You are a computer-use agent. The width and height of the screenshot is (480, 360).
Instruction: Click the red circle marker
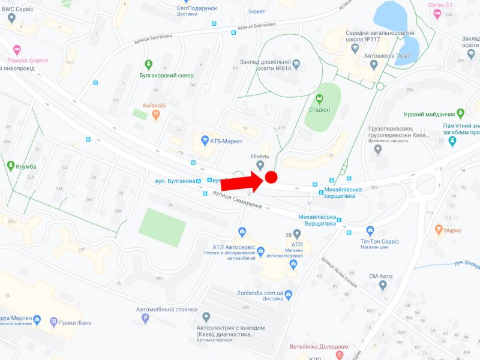[x=271, y=177]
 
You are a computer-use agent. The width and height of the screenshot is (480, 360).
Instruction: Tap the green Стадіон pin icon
[x=320, y=99]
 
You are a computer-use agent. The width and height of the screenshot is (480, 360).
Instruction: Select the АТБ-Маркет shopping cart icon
[x=205, y=141]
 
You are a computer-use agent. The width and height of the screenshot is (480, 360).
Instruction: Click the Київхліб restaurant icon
[x=155, y=115]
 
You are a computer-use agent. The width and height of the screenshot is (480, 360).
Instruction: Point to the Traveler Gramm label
[x=28, y=61]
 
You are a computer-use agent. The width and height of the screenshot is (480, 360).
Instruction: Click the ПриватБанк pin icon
[x=53, y=322]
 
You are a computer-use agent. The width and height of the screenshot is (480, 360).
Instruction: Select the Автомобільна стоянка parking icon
[x=144, y=319]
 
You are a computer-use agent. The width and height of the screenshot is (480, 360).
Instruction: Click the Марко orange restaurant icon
[x=439, y=229]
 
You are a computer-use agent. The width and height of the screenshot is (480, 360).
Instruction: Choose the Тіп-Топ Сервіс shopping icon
[x=370, y=230]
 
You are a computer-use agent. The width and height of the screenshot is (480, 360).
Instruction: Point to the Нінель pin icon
[x=260, y=165]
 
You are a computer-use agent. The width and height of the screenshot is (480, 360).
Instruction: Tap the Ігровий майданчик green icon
[x=460, y=113]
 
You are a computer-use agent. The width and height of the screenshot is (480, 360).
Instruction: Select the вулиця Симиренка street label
[x=236, y=200]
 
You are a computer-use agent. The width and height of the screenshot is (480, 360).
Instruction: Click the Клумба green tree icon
[x=11, y=166]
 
